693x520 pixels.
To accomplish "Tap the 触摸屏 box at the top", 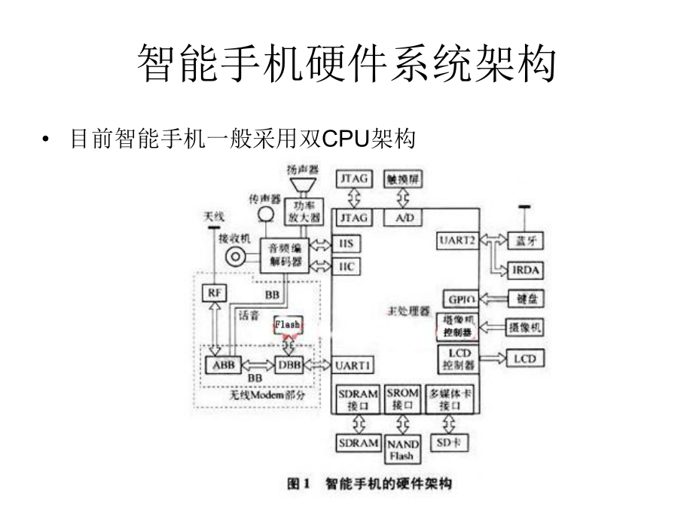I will [404, 179].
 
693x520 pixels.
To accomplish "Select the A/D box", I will [404, 218].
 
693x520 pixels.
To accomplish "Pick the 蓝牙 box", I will [525, 241].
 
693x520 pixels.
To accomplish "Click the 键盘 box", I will [526, 298].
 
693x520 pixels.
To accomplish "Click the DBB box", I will [290, 364].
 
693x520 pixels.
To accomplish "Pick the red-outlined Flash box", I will [288, 324].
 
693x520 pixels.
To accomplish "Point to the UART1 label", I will [353, 364].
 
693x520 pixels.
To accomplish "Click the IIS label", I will [346, 243].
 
